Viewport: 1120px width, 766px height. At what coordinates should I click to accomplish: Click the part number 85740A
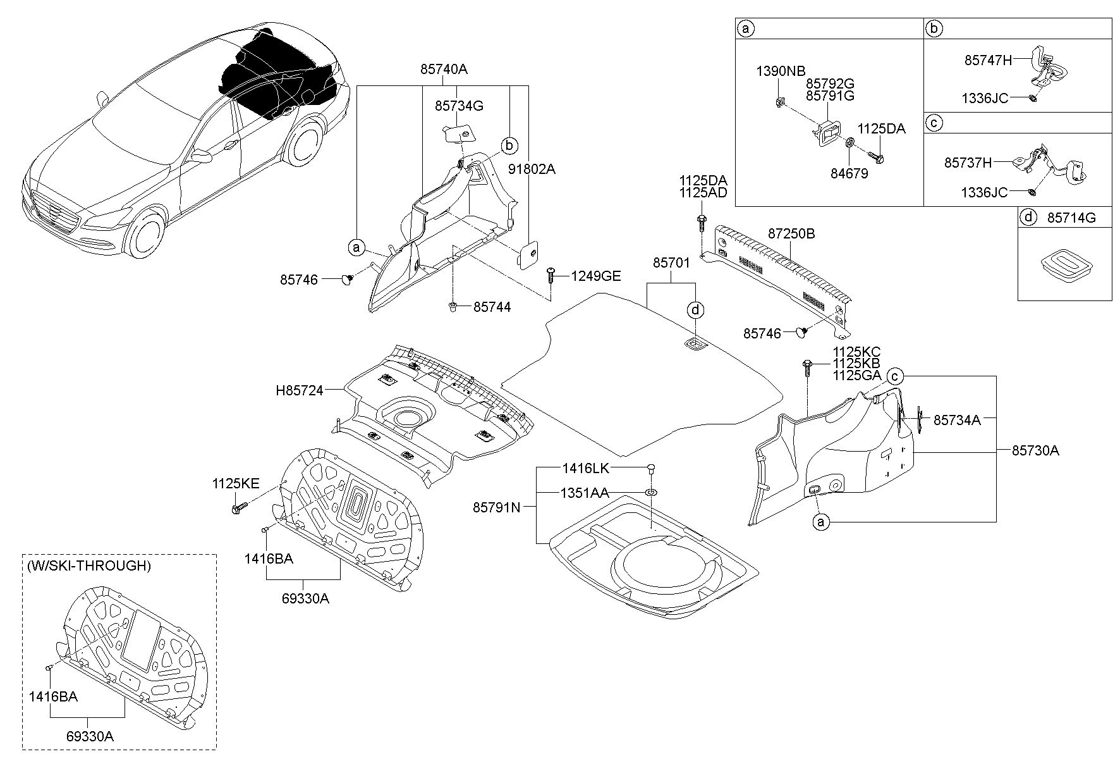coord(444,70)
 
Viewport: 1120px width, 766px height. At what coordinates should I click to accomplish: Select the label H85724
coord(299,391)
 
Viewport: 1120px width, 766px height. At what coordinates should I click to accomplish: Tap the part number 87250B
coord(791,234)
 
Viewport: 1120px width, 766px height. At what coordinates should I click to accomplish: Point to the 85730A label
coord(1035,450)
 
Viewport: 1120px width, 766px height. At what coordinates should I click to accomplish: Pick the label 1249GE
coord(596,276)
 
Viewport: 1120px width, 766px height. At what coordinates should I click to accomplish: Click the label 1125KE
coord(235,484)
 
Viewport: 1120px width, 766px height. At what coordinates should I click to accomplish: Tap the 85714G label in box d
coord(1071,218)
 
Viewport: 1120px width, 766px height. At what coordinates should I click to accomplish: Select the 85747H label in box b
coord(988,60)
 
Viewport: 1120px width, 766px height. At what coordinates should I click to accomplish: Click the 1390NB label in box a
coord(781,71)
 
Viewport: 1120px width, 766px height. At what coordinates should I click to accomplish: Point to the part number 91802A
coord(532,169)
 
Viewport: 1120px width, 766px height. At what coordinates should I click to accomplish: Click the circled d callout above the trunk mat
coord(695,310)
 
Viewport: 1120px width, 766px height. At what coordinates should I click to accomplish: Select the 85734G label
coord(459,106)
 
